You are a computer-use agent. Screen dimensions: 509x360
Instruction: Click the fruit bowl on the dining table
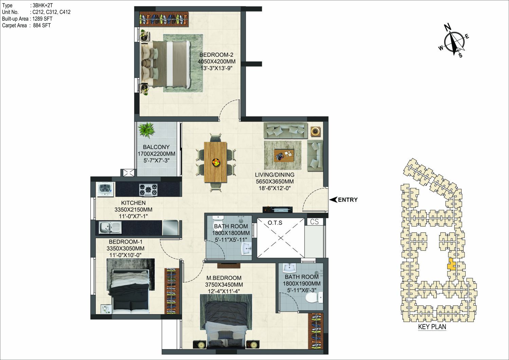click(x=216, y=162)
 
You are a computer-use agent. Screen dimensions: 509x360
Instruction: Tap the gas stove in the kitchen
click(x=148, y=190)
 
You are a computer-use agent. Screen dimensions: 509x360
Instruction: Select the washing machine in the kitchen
click(x=106, y=189)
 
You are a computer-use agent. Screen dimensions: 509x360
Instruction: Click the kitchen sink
click(x=110, y=227)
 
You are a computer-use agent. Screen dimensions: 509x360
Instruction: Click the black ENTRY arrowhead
click(x=333, y=200)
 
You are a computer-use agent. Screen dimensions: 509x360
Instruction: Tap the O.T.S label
click(x=275, y=223)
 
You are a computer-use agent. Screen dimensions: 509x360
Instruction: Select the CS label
click(x=314, y=221)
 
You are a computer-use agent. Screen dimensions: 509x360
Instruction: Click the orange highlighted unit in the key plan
click(x=451, y=264)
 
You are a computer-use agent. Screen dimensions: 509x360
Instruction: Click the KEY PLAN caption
click(x=432, y=327)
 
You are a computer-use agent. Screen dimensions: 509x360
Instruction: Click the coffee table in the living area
click(x=284, y=156)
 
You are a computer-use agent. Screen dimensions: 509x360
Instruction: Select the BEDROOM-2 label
click(x=216, y=55)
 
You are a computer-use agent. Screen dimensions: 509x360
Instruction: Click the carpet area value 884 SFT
click(x=42, y=25)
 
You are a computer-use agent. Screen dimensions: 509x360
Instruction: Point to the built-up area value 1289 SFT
click(x=42, y=19)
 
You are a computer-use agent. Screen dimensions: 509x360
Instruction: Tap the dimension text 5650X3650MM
click(x=275, y=181)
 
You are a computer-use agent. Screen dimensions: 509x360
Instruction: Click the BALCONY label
click(x=156, y=147)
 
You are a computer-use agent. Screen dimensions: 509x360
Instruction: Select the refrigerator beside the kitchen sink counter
click(x=170, y=227)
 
